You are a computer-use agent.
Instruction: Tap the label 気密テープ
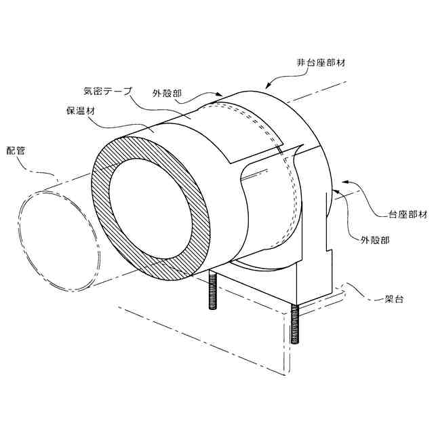[107, 89]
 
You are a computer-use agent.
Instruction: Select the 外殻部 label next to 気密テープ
[167, 94]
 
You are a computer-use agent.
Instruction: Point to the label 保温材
[79, 111]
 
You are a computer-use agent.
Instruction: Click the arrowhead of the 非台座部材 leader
[267, 87]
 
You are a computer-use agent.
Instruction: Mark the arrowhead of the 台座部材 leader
[345, 182]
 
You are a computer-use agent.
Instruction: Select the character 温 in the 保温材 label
[79, 111]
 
